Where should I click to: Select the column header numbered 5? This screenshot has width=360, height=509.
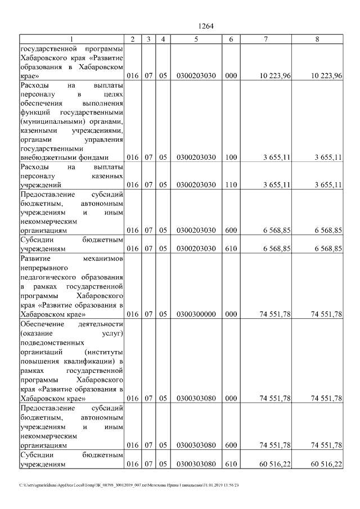pyautogui.click(x=196, y=39)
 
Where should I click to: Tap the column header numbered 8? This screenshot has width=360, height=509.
pyautogui.click(x=318, y=39)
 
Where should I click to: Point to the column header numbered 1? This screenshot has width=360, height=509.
pyautogui.click(x=71, y=39)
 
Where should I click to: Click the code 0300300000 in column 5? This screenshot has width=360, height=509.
pyautogui.click(x=196, y=314)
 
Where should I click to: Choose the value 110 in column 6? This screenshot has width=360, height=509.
pyautogui.click(x=231, y=184)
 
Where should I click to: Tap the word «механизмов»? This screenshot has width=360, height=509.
pyautogui.click(x=102, y=258)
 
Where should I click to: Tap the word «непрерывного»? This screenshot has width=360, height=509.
pyautogui.click(x=44, y=268)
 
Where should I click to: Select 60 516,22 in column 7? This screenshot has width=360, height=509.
pyautogui.click(x=274, y=464)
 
